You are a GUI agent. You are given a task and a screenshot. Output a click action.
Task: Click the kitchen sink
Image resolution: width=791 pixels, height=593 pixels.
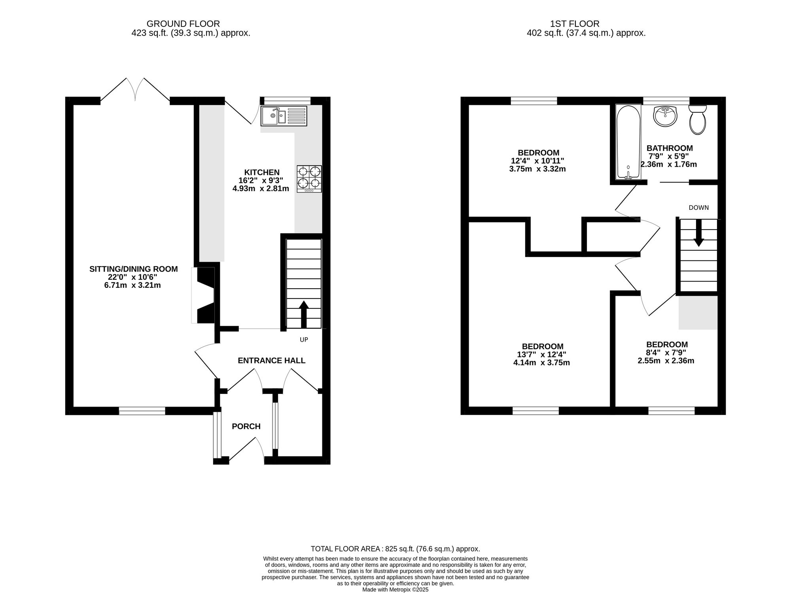click(284, 116)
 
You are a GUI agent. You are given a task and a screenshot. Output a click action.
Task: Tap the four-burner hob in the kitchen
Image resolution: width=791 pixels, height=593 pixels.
click(309, 179)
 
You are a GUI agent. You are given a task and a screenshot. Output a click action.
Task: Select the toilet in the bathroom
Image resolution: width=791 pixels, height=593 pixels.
click(697, 120)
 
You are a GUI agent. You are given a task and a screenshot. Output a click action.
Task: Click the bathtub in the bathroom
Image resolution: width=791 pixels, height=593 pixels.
click(628, 142)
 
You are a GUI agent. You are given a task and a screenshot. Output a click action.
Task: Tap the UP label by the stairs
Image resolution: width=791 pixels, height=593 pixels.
click(304, 340)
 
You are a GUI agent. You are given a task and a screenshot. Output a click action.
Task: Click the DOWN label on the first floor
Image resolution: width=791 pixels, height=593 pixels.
click(699, 207)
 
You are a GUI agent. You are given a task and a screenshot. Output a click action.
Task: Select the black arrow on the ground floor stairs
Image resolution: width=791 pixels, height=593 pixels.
click(303, 314)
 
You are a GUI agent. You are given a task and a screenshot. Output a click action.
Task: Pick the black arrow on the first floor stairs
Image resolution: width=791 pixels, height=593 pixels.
click(699, 233)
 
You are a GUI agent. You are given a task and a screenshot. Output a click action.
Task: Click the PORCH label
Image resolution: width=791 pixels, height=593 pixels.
click(246, 426)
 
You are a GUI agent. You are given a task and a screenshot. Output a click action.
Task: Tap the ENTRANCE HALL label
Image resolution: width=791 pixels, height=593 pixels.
click(272, 361)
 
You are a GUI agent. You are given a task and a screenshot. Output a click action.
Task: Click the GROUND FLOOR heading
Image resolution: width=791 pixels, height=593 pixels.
click(183, 24)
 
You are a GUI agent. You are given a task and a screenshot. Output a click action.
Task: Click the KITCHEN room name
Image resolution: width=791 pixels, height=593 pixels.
click(262, 172)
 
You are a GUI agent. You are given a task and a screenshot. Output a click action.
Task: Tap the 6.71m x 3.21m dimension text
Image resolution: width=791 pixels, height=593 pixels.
click(132, 285)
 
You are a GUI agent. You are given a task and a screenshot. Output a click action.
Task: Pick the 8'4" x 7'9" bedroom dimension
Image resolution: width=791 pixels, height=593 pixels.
click(667, 353)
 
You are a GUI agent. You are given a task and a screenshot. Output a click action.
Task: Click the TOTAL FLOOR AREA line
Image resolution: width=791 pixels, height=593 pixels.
click(395, 549)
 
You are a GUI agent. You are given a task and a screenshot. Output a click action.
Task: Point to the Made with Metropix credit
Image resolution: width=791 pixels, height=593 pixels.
click(395, 589)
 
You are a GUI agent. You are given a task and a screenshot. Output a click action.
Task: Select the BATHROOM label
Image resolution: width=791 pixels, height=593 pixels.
click(670, 148)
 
